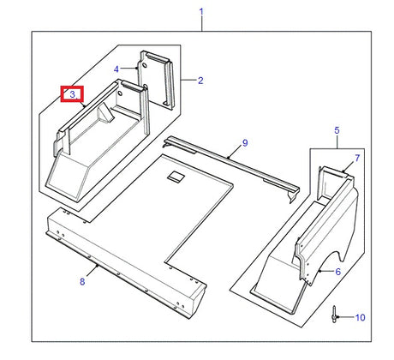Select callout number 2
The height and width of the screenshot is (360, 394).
tap(200, 81)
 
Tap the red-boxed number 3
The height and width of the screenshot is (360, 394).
tap(71, 93)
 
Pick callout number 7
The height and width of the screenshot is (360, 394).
tap(357, 159)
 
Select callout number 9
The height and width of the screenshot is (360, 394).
tap(244, 142)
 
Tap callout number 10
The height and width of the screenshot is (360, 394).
tap(360, 317)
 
